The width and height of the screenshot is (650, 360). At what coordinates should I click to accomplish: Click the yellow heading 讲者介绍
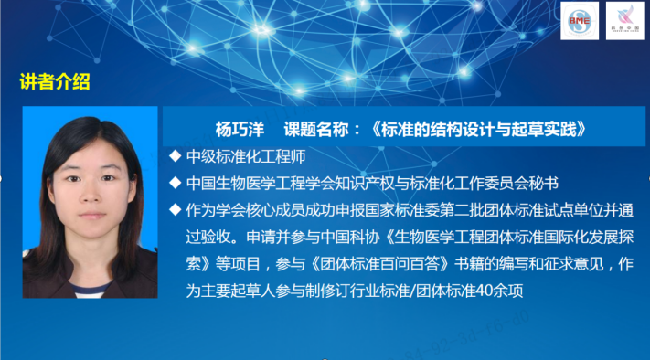click(55, 82)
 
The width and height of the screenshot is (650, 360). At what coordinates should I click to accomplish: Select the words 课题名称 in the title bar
click(315, 127)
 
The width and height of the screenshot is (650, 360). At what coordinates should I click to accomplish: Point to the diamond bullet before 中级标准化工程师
click(176, 156)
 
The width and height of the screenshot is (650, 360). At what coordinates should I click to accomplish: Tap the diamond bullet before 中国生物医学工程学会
click(176, 183)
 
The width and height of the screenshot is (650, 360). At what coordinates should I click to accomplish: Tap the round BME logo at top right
click(579, 20)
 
